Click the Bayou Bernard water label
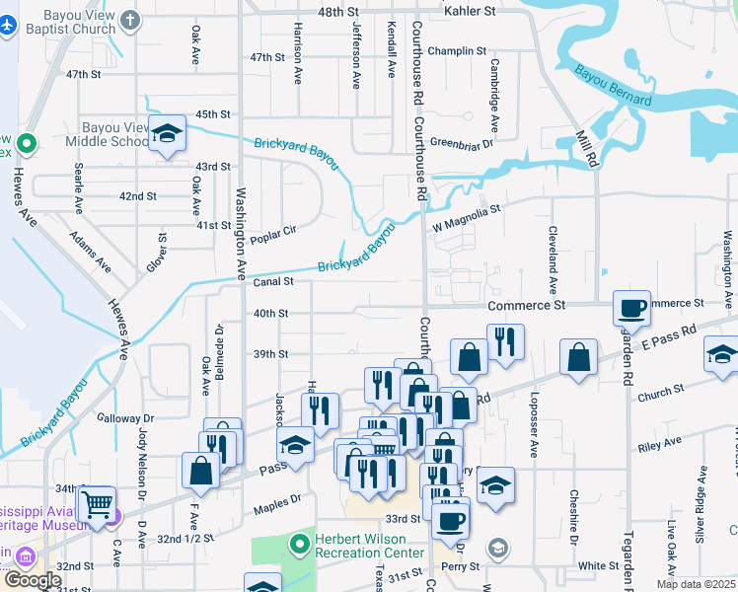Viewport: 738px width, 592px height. pyautogui.click(x=613, y=85)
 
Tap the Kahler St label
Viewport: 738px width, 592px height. pyautogui.click(x=470, y=11)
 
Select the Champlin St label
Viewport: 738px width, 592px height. pyautogui.click(x=458, y=50)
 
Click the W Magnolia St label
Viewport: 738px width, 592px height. pyautogui.click(x=467, y=215)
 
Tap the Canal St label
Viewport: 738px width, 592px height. pyautogui.click(x=275, y=282)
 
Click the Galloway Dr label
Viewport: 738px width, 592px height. pyautogui.click(x=127, y=418)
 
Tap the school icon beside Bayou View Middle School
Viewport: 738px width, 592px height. pyautogui.click(x=168, y=133)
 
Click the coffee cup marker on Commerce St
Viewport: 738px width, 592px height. pyautogui.click(x=631, y=308)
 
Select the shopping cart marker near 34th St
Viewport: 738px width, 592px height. pyautogui.click(x=97, y=504)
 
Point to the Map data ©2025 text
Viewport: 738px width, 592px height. pyautogui.click(x=695, y=584)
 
